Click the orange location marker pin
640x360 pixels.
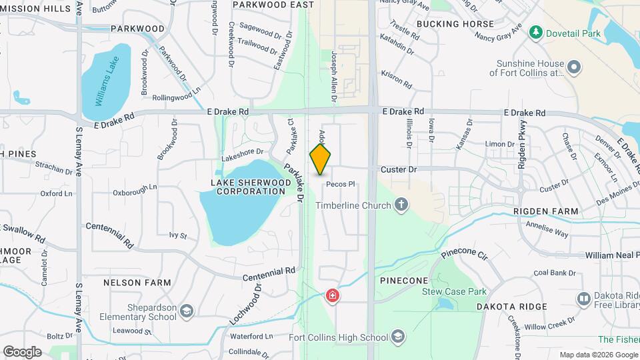[x=320, y=159]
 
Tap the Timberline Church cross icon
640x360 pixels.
[x=401, y=205]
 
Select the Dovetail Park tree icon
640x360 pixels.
[x=535, y=32]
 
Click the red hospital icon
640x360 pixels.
[x=331, y=295]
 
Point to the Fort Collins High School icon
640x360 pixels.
[x=398, y=337]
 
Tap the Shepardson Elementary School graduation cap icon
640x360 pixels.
[x=187, y=311]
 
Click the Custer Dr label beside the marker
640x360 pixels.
[x=399, y=170]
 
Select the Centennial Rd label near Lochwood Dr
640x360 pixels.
[x=269, y=273]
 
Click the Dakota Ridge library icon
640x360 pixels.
[x=583, y=298]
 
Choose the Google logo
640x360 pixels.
[x=22, y=351]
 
